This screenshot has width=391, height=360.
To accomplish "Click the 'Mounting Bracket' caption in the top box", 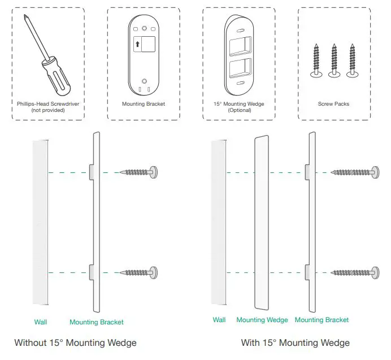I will click(144, 104).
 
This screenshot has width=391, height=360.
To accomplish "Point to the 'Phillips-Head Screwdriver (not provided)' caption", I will click(48, 107).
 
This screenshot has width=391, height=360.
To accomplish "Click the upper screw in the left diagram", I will click(138, 172).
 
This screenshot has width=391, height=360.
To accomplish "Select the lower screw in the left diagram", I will click(138, 273).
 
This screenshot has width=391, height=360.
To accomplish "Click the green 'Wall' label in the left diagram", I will click(41, 322).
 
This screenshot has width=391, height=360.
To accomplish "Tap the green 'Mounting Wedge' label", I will click(262, 320).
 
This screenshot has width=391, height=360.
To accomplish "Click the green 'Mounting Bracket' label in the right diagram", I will click(322, 320).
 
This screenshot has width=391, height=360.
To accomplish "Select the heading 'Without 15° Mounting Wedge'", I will click(75, 342).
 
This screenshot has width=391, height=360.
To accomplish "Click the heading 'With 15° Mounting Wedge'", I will click(295, 342).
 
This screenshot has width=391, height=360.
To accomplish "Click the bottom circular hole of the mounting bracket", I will click(144, 80).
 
